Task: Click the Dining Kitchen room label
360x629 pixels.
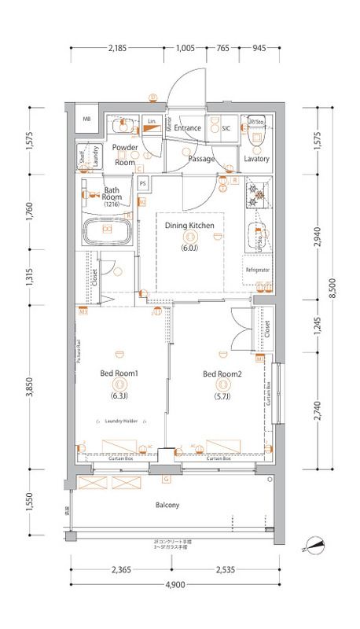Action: [189, 226]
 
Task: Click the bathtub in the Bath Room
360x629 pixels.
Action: [106, 234]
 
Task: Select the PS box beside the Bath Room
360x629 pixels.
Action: [143, 184]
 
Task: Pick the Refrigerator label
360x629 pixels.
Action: [258, 270]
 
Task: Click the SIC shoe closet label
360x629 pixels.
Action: [225, 128]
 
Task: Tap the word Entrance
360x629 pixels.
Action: [188, 127]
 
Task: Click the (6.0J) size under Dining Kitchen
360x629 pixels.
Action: [189, 248]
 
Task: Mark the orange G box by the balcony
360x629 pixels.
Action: [166, 479]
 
